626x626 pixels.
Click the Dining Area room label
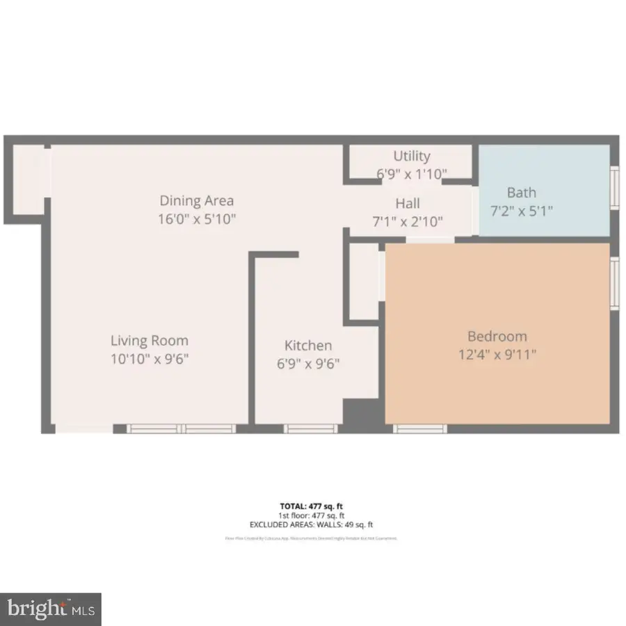point(197,201)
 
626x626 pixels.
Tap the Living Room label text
point(150,341)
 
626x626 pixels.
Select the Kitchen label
point(308,346)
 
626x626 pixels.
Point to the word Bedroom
point(497,337)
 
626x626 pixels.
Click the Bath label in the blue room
point(521,193)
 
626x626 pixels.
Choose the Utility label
point(412,156)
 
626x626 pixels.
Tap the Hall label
point(408,204)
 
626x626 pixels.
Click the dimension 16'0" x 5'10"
point(197,219)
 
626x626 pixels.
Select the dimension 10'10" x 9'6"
point(150,359)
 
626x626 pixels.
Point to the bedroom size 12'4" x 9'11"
point(497,355)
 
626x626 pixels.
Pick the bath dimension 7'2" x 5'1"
point(521,210)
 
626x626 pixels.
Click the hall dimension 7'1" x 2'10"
point(408,222)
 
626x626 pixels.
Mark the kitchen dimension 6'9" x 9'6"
point(308,363)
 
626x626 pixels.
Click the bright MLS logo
point(51,609)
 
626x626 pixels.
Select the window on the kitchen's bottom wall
point(310,428)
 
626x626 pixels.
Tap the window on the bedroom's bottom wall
point(420,428)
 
